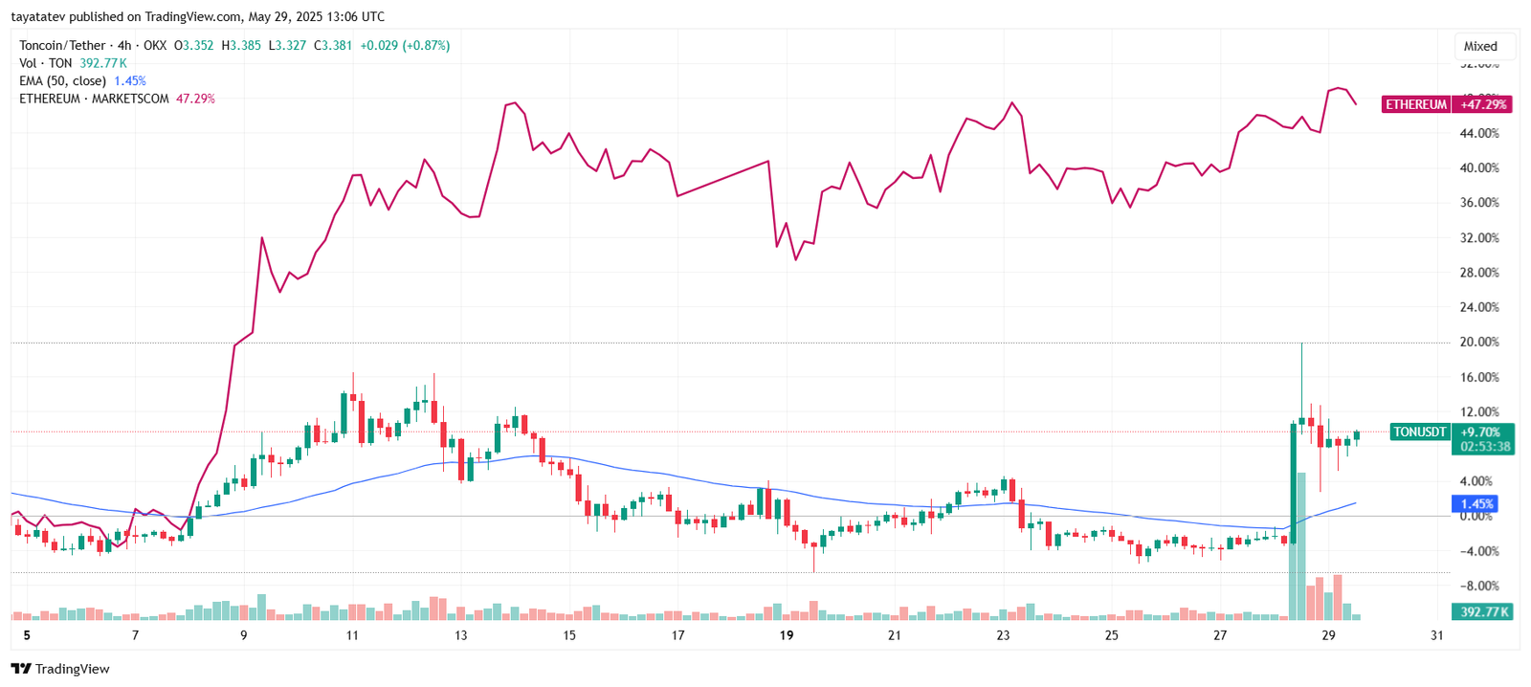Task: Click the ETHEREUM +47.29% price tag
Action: coord(1446,104)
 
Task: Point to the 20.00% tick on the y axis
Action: coord(1478,343)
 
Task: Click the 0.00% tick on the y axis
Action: coord(1476,516)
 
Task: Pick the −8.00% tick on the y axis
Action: coord(1478,586)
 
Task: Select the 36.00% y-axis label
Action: coord(1478,203)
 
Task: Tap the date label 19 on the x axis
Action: coord(787,635)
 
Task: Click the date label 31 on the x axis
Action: coord(1436,635)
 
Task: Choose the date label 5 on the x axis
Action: coord(27,635)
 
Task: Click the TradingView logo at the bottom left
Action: coord(60,669)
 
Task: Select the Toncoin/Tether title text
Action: coord(62,45)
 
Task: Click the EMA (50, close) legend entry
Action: coord(62,81)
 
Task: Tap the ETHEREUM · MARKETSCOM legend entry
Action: coord(94,99)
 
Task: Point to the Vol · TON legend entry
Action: coord(45,63)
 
